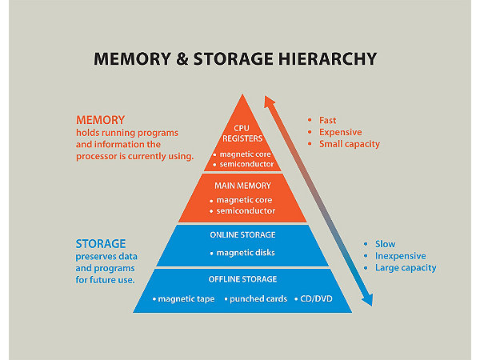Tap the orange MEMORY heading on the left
[100, 120]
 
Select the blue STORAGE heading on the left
[101, 243]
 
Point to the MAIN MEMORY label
[242, 185]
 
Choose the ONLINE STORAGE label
[242, 235]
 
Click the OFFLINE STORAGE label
[242, 279]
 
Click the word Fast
[328, 120]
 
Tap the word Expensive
[340, 132]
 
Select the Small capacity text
[349, 144]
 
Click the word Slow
[385, 244]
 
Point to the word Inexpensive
[401, 256]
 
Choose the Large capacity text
[406, 268]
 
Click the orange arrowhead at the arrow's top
[270, 102]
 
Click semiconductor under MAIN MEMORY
[245, 210]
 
